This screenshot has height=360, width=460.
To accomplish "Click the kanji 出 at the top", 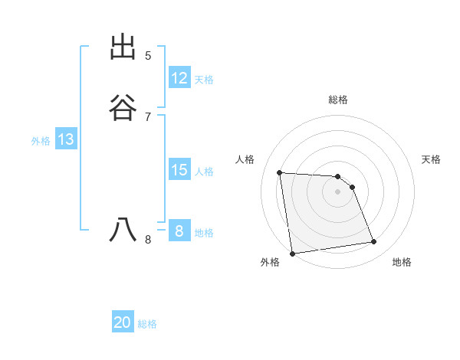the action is point(123,47).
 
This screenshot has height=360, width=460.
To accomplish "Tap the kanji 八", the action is point(123,231).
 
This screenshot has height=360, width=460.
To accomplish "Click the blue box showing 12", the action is point(179,78).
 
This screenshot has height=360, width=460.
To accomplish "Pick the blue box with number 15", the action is point(179,170).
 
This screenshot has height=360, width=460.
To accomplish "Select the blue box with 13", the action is point(66,139).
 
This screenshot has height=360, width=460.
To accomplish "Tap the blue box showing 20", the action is point(123,322).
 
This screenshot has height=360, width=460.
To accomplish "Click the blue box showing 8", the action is point(179,231).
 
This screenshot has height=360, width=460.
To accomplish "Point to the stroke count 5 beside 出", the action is point(148,56).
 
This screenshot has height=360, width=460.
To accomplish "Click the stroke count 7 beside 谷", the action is point(148,117).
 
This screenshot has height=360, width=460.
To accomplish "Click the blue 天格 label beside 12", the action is point(204,80).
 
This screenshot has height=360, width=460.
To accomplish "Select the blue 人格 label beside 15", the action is point(204,172).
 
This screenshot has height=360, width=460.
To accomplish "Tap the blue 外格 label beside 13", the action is point(41,141).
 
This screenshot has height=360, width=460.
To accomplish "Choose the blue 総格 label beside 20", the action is point(147,324).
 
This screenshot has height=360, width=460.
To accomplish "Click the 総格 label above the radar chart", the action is point(338,100).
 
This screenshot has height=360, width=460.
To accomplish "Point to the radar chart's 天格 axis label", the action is point(432,159).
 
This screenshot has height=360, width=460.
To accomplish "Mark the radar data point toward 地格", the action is point(374,242).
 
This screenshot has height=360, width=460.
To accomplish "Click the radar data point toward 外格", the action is point(292,253).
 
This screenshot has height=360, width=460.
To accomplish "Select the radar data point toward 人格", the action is point(280,172).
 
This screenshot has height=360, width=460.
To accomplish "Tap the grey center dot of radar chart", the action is point(338,191).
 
